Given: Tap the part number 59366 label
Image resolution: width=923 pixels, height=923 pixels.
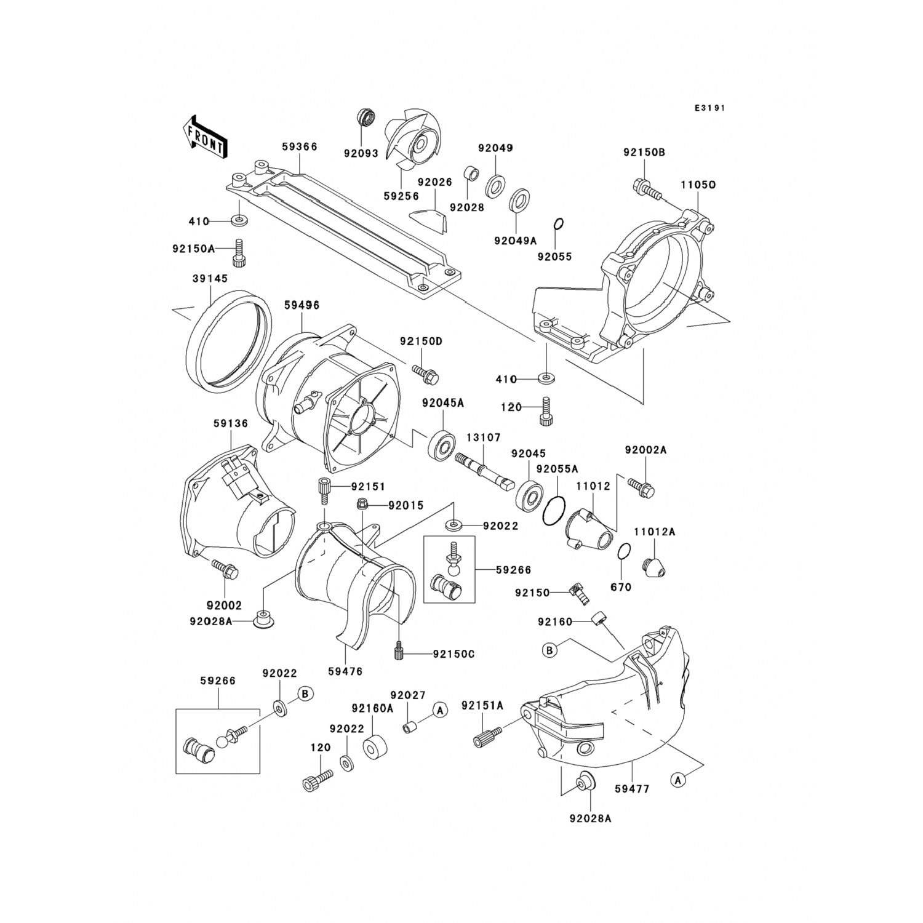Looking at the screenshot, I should [x=300, y=147].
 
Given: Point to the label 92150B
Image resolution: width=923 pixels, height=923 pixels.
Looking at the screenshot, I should [x=644, y=152].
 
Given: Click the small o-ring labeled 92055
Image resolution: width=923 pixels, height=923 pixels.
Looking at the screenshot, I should [x=559, y=225].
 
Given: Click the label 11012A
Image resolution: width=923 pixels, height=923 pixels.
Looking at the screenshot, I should [x=655, y=532].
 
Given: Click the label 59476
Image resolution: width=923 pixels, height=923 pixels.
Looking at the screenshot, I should [x=345, y=672].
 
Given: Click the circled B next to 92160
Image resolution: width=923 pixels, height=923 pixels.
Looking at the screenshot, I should [x=549, y=650].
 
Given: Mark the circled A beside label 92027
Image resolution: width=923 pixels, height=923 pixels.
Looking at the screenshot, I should [x=439, y=710].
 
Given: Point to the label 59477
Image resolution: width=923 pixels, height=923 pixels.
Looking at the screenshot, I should [x=632, y=788].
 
